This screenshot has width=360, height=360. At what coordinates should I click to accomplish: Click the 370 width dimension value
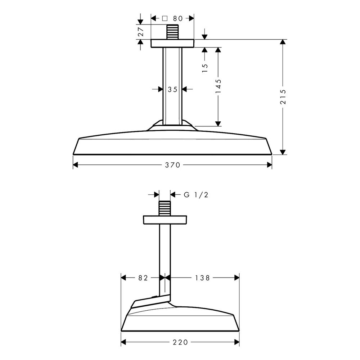(x=172, y=165)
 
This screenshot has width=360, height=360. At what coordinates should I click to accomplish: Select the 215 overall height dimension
(x=283, y=97)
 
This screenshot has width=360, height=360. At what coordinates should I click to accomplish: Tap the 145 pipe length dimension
(x=218, y=86)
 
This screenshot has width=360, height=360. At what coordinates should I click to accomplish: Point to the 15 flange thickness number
(x=205, y=68)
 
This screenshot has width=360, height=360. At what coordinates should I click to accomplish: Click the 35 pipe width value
(x=172, y=89)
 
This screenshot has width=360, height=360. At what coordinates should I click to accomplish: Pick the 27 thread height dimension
(x=141, y=32)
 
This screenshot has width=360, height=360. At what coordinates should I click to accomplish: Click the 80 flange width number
(x=178, y=18)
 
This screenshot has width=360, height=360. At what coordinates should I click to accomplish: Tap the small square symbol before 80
(x=165, y=18)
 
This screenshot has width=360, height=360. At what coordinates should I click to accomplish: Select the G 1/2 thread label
(x=196, y=195)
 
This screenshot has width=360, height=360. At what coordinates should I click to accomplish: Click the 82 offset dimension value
(x=143, y=278)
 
